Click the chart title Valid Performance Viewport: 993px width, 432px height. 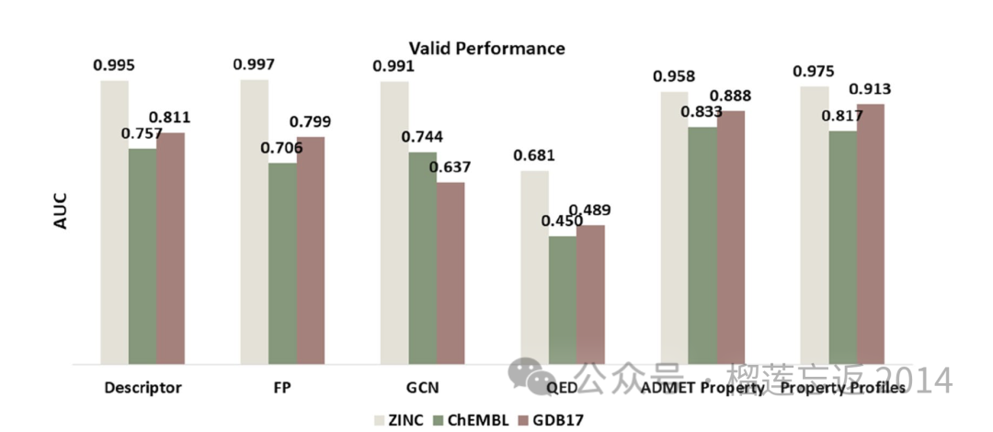click(x=486, y=47)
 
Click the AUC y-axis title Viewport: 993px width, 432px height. click(x=62, y=210)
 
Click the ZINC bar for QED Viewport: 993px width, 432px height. click(x=535, y=267)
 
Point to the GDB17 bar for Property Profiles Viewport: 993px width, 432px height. click(x=870, y=234)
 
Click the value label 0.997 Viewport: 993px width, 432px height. click(x=255, y=64)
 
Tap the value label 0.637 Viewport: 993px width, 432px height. click(x=450, y=167)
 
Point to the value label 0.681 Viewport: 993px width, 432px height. click(x=534, y=155)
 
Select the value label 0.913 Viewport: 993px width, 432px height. click(x=870, y=89)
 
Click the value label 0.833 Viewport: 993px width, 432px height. click(x=702, y=112)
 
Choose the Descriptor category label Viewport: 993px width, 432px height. click(x=143, y=388)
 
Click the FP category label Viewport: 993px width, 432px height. click(x=282, y=388)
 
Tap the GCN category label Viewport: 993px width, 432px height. click(x=422, y=388)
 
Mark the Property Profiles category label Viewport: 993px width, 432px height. click(x=842, y=388)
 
